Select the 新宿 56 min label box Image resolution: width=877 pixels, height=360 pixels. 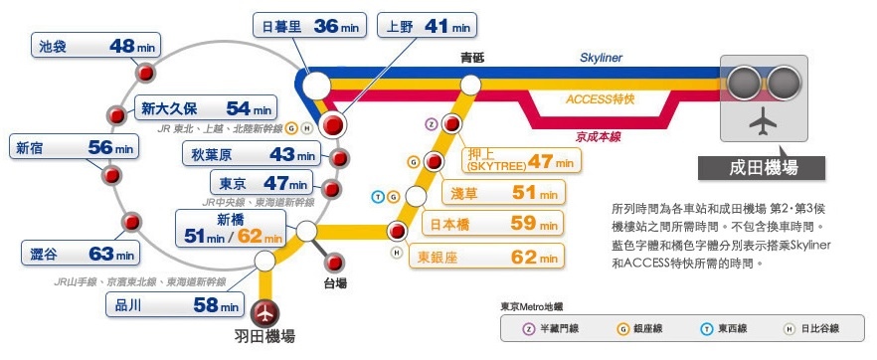click(x=73, y=147)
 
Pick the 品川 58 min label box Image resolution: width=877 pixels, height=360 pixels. click(x=174, y=304)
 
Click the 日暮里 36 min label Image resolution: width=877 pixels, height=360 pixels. click(x=307, y=26)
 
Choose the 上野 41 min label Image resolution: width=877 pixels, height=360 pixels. click(x=426, y=26)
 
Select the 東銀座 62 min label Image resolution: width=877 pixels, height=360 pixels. click(x=488, y=256)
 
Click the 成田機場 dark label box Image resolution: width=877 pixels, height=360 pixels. click(x=763, y=167)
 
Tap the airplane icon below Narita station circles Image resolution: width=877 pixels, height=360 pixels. click(x=763, y=124)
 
